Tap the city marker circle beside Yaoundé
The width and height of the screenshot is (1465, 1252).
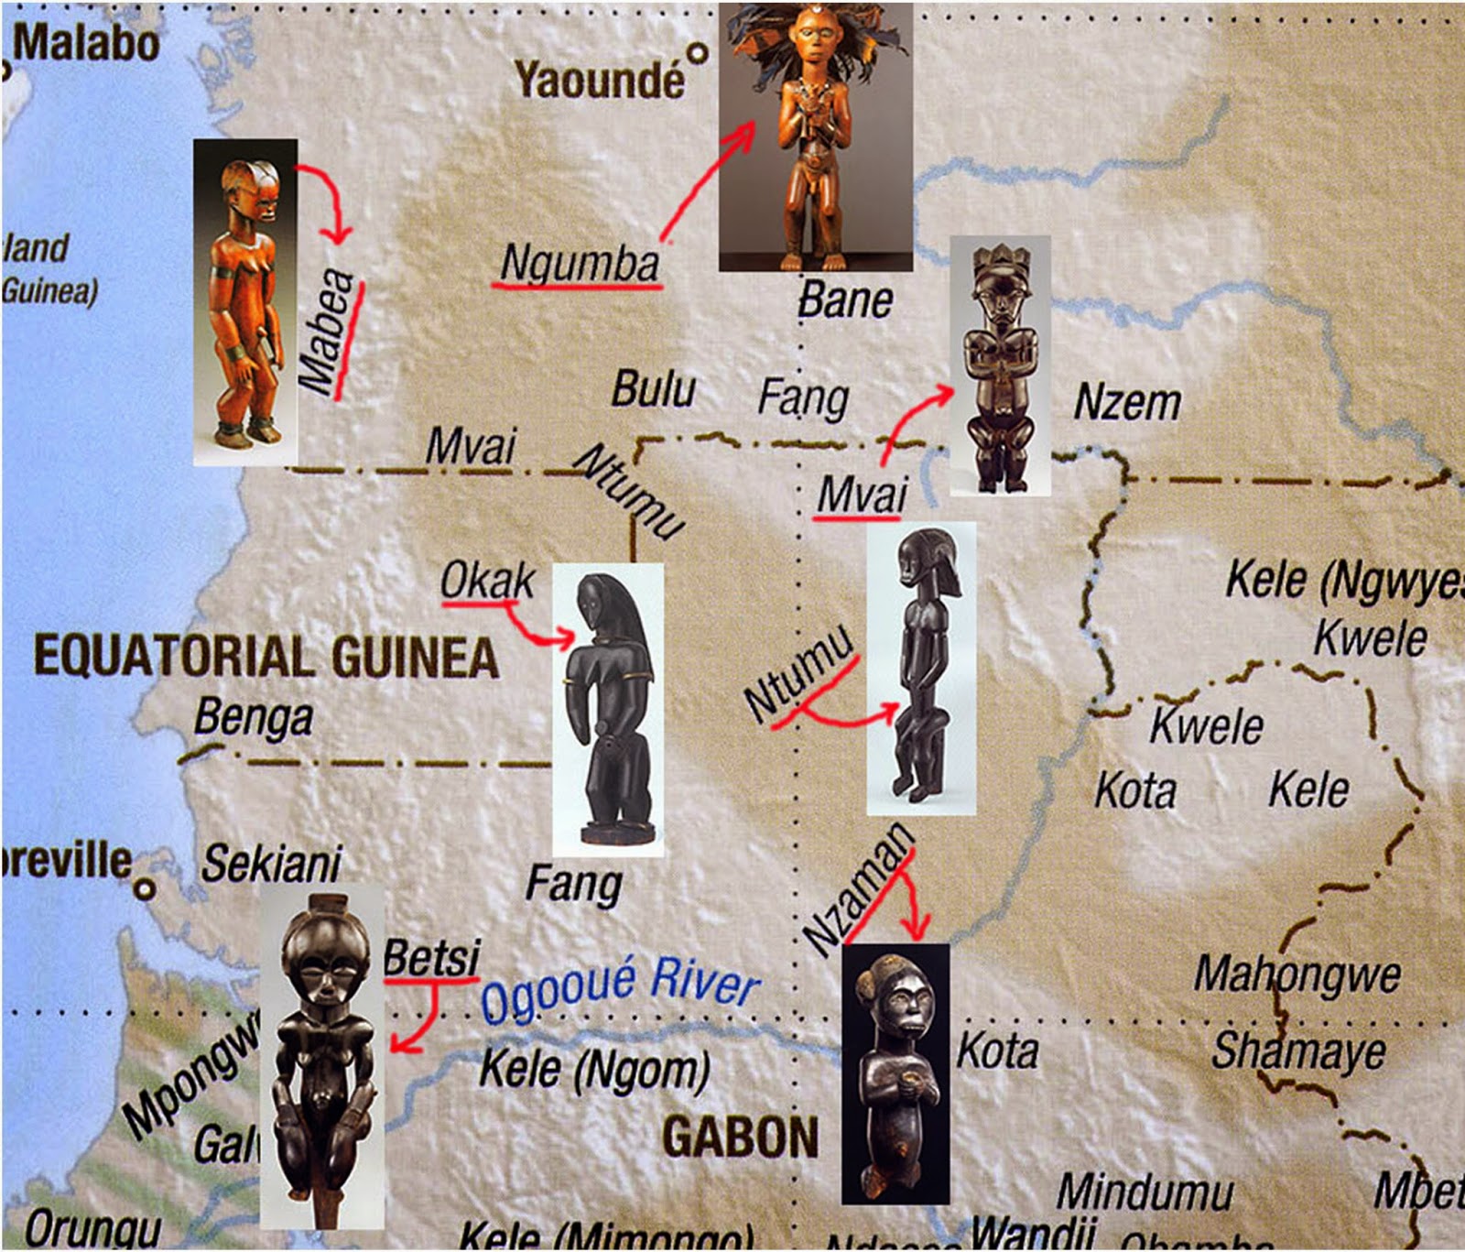[699, 53]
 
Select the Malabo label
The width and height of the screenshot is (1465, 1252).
[86, 43]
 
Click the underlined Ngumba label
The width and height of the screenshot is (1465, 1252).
[579, 263]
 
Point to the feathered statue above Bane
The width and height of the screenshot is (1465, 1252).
[815, 137]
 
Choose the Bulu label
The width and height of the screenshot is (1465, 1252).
[653, 389]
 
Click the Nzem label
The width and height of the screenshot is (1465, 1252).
[1127, 403]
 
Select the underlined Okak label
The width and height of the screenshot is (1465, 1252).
[486, 581]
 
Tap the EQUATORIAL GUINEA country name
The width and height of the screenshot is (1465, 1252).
[266, 657]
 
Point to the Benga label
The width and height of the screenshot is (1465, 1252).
[253, 718]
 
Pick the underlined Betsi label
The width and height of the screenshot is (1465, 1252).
[431, 958]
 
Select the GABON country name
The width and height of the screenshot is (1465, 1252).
[740, 1138]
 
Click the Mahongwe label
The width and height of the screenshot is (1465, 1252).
[1297, 974]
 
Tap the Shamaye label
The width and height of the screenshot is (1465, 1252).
[1297, 1051]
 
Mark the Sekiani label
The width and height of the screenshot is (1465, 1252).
[270, 864]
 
